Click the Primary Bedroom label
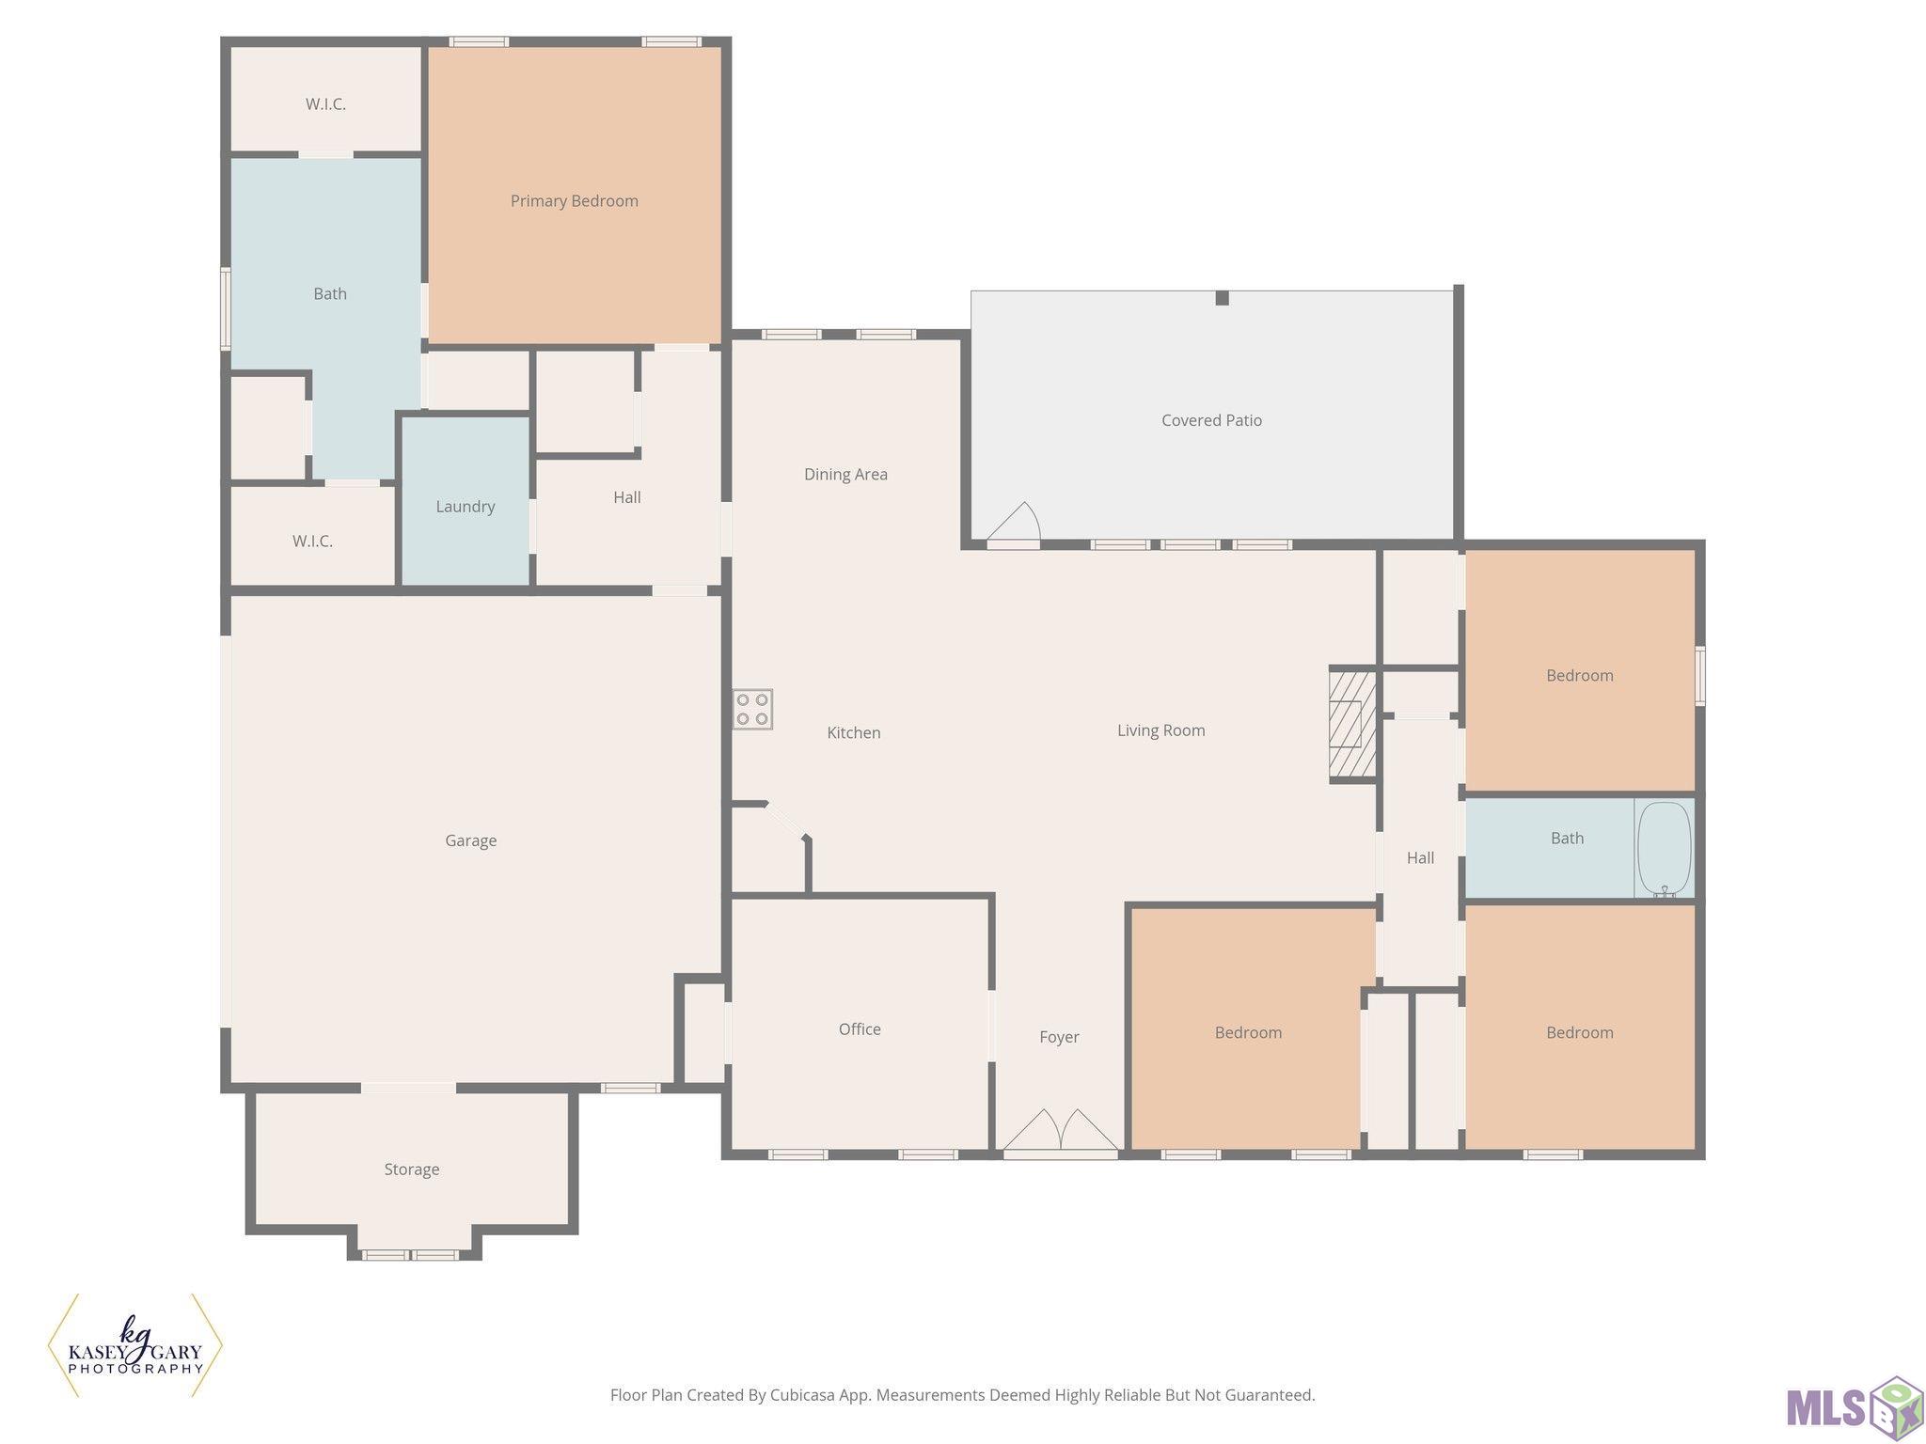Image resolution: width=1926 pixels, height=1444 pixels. point(574,201)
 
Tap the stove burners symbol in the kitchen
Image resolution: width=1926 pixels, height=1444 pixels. point(752,710)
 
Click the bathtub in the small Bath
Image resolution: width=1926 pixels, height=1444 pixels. point(1664,848)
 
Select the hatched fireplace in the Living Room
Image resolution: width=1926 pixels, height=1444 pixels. point(1352,724)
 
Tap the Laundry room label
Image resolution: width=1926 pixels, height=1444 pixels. point(466,507)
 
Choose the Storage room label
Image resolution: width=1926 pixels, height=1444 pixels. point(412,1169)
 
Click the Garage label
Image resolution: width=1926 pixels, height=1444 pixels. point(471,841)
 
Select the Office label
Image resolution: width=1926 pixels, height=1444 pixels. point(860,1029)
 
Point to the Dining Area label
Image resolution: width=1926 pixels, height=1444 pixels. point(845,475)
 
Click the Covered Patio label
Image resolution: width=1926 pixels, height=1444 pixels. point(1211,420)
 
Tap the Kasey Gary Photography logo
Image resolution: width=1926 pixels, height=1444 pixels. point(135,1345)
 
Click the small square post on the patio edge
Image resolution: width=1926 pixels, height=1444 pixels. point(1222,298)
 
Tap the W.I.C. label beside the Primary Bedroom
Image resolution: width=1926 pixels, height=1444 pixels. point(325,104)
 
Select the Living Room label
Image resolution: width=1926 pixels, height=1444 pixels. point(1160,730)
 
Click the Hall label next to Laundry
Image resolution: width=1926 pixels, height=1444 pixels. point(627,497)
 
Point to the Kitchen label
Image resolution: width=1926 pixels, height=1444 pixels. point(854,733)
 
